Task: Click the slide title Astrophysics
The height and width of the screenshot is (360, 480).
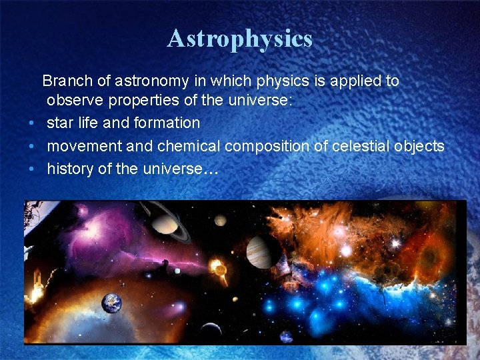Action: coord(239,38)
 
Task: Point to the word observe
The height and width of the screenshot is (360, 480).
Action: coord(73,101)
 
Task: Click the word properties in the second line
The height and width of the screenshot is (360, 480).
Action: coord(145,101)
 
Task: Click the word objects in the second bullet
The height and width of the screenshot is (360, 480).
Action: coord(419,146)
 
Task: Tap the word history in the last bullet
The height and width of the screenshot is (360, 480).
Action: coord(70,169)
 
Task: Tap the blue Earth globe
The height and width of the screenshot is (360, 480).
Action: coord(111,304)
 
